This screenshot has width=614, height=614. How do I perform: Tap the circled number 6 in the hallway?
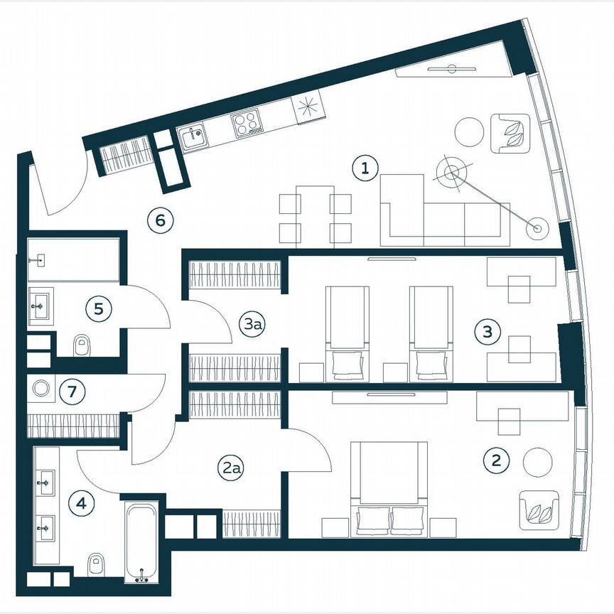161,220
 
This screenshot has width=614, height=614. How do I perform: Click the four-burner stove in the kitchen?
247,124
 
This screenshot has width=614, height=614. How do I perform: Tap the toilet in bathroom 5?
83,345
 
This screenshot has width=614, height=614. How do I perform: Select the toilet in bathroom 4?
96,565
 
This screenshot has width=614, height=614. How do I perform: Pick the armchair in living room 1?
510,132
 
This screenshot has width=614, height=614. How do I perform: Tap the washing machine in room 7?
41,389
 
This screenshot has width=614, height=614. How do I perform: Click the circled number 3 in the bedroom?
488,331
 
